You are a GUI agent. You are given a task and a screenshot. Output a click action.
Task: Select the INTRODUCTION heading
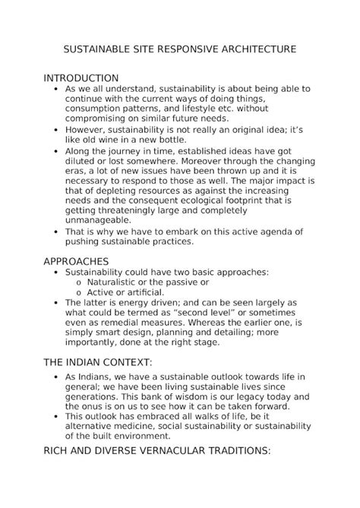click(x=81, y=78)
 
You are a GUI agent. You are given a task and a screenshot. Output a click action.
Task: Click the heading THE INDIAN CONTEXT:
click(x=99, y=360)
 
